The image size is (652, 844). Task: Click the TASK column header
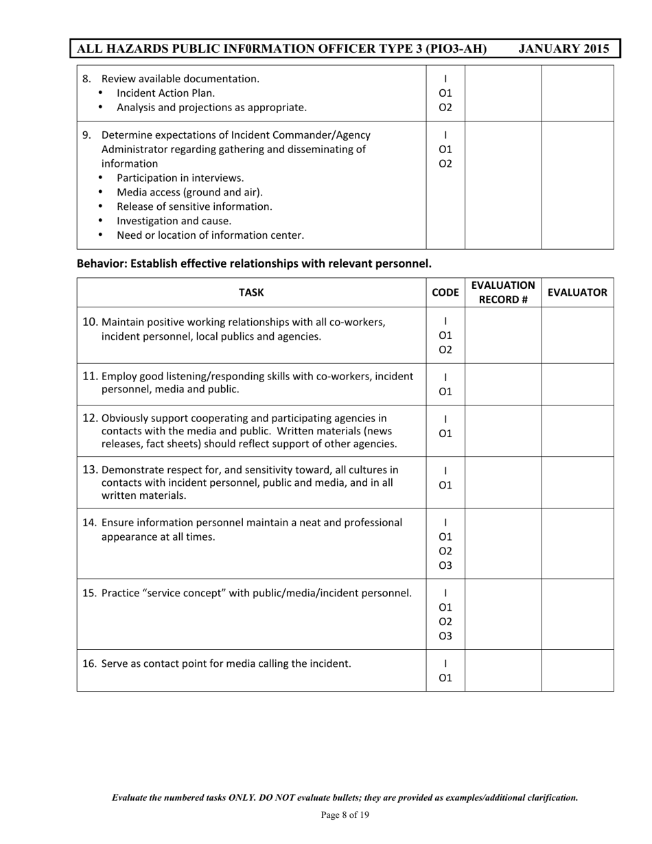[251, 292]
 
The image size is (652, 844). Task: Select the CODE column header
[445, 292]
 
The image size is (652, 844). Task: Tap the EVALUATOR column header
[577, 292]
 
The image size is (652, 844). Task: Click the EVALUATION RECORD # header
[503, 292]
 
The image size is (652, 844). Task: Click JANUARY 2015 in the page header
[563, 49]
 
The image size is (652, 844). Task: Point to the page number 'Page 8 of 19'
[345, 815]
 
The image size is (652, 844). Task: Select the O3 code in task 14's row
[445, 565]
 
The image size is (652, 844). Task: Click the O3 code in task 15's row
[445, 636]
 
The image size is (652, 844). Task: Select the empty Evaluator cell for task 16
[577, 670]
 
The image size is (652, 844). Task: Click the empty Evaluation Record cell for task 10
[503, 335]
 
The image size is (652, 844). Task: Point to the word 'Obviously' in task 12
[126, 418]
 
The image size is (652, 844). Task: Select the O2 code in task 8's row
[445, 107]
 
